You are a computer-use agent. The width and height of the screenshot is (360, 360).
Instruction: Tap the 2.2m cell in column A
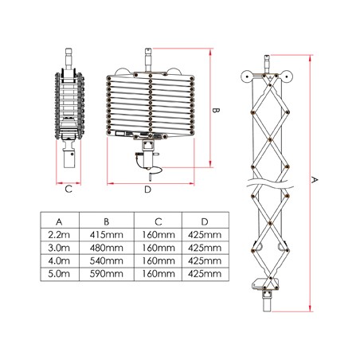click(60, 234)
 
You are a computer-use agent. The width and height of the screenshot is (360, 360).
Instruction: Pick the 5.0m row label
click(60, 274)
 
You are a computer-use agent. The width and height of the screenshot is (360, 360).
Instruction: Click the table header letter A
click(60, 221)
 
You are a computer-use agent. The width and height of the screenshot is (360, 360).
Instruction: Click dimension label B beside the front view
click(216, 110)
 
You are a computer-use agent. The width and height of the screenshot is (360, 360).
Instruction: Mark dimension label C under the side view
click(68, 189)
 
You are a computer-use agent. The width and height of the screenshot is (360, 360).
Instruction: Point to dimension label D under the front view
click(148, 190)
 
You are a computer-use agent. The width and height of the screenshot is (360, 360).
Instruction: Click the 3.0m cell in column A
click(60, 248)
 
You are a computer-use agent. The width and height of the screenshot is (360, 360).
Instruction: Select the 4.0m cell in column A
click(60, 260)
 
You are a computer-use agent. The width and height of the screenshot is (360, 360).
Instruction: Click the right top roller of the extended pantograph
click(285, 78)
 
